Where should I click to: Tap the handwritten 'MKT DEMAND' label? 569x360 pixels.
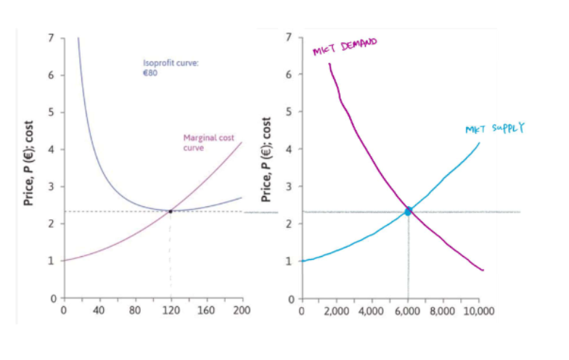click(345, 48)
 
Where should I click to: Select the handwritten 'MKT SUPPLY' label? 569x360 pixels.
click(494, 129)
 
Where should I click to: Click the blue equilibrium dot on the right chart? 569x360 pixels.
click(409, 211)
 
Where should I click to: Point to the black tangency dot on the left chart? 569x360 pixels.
click(171, 211)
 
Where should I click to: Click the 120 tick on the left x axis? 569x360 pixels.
click(171, 310)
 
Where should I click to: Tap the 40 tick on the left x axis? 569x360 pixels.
click(99, 310)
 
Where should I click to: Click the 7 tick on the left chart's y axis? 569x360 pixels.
click(52, 37)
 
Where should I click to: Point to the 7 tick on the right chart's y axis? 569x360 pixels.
click(290, 37)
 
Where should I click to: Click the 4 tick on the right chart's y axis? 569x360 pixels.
click(290, 149)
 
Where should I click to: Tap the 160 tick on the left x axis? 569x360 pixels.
click(206, 310)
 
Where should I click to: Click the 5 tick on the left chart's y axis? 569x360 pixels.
click(52, 112)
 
